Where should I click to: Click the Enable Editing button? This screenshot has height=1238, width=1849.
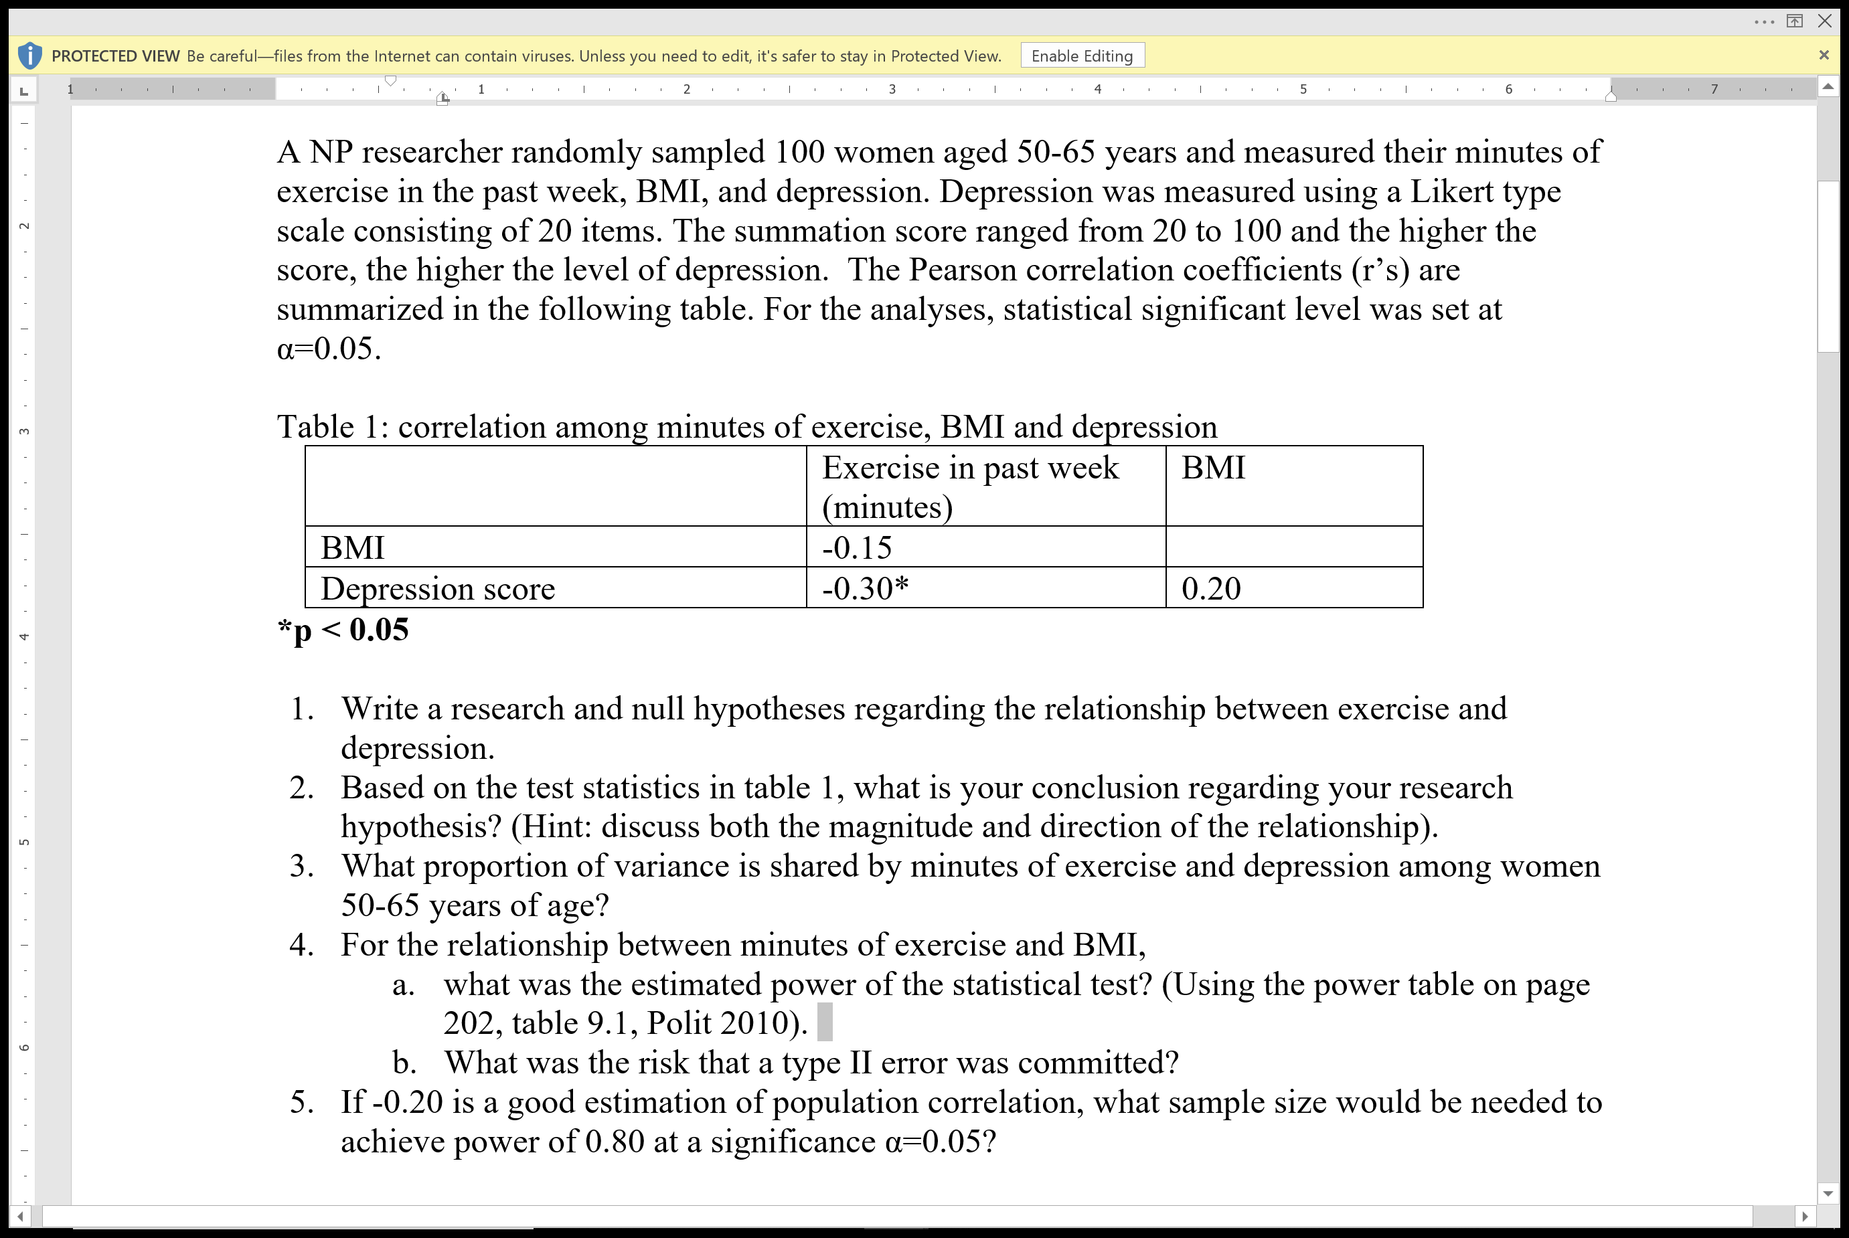[x=1081, y=56]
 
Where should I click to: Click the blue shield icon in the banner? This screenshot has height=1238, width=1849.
[x=29, y=56]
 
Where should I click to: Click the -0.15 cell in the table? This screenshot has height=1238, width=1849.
[x=856, y=548]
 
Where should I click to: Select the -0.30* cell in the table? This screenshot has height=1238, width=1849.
[x=865, y=589]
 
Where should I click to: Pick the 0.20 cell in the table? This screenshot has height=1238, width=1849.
[x=1210, y=589]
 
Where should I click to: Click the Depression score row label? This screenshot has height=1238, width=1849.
[x=438, y=589]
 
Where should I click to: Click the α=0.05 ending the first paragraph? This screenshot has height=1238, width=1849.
[x=328, y=349]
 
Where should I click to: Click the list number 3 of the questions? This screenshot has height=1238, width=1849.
[x=301, y=866]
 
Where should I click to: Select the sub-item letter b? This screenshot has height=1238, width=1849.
[x=404, y=1063]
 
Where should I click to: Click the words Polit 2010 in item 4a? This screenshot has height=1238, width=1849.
[x=723, y=1024]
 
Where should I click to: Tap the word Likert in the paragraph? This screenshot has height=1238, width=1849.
[x=1441, y=192]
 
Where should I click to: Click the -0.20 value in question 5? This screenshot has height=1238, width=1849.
[x=407, y=1102]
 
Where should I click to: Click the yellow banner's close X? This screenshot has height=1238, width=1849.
[x=1823, y=56]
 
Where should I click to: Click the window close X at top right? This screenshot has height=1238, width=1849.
[x=1824, y=21]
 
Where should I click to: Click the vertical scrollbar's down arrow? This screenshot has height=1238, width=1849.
[x=1828, y=1193]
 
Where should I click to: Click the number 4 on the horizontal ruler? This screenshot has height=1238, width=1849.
[x=1097, y=89]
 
